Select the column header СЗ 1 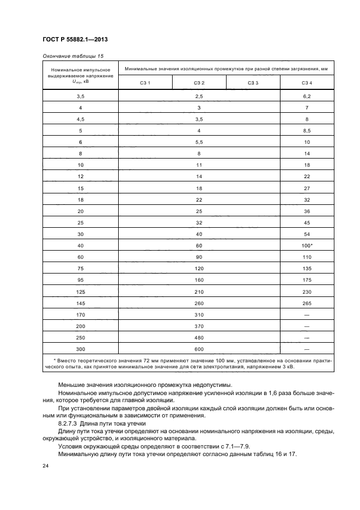coord(145,83)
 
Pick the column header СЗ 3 coord(253,83)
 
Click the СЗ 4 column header coord(307,83)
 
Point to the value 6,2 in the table coord(307,96)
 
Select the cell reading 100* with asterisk coord(307,245)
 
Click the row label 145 coord(81,303)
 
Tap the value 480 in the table coord(199,337)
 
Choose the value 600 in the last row coord(199,349)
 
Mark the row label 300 coord(81,349)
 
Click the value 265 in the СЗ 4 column coord(307,303)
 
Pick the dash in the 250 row coord(307,337)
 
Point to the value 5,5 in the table coord(199,142)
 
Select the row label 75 coord(81,268)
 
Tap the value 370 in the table coord(199,326)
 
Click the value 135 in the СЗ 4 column coord(307,268)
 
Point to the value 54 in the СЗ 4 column coord(307,234)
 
